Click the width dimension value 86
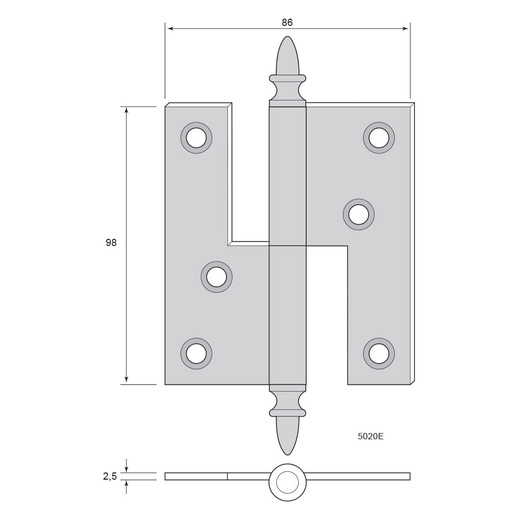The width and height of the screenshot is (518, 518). (287, 22)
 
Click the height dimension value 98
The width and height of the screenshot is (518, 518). (111, 242)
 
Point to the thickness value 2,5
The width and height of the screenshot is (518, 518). (110, 476)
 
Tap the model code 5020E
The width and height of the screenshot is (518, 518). (371, 436)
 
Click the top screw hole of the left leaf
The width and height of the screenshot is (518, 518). (196, 138)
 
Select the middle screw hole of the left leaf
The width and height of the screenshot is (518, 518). (217, 277)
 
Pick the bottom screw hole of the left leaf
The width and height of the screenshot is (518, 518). (196, 353)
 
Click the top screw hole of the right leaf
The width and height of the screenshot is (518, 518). (379, 138)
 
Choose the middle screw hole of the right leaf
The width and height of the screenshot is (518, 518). (359, 214)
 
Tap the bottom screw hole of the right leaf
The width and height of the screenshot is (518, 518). (379, 353)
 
